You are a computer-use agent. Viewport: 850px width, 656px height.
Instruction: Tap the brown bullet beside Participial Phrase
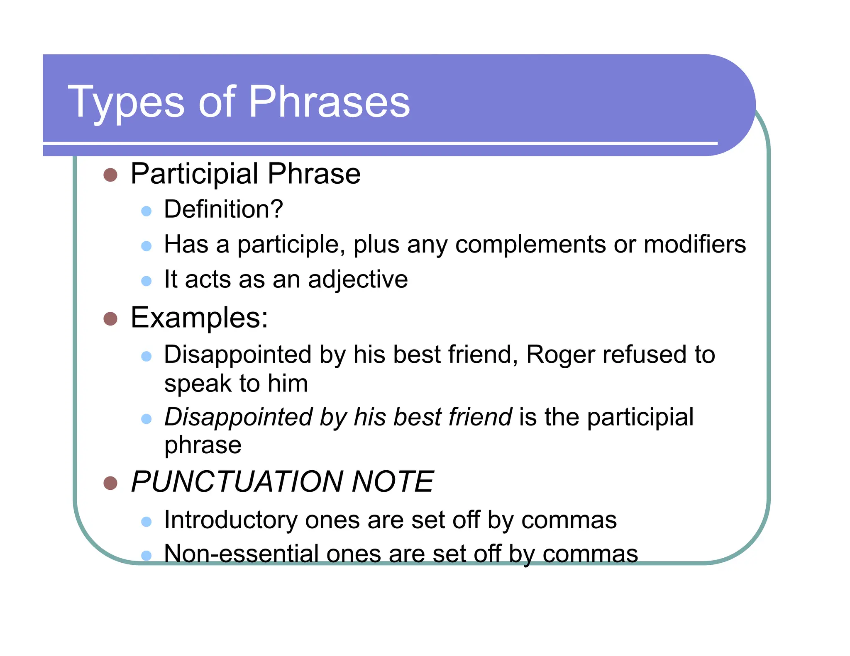pos(110,175)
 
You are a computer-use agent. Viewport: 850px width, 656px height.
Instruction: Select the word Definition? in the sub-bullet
pos(223,209)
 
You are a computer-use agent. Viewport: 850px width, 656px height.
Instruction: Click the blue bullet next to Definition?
pos(146,211)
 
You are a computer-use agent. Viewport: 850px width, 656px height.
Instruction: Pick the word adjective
pos(358,279)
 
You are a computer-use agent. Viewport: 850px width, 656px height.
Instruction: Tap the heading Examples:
pos(199,318)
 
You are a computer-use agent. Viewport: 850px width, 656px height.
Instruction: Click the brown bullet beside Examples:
pos(110,319)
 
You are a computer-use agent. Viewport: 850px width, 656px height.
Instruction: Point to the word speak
pos(197,384)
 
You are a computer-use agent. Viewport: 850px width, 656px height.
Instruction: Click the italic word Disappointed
pos(238,417)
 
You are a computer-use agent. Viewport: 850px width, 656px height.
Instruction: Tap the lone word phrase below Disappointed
pos(203,445)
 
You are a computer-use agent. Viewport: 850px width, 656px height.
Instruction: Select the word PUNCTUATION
pos(237,481)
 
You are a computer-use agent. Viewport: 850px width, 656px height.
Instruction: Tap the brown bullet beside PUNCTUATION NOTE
pos(110,483)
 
